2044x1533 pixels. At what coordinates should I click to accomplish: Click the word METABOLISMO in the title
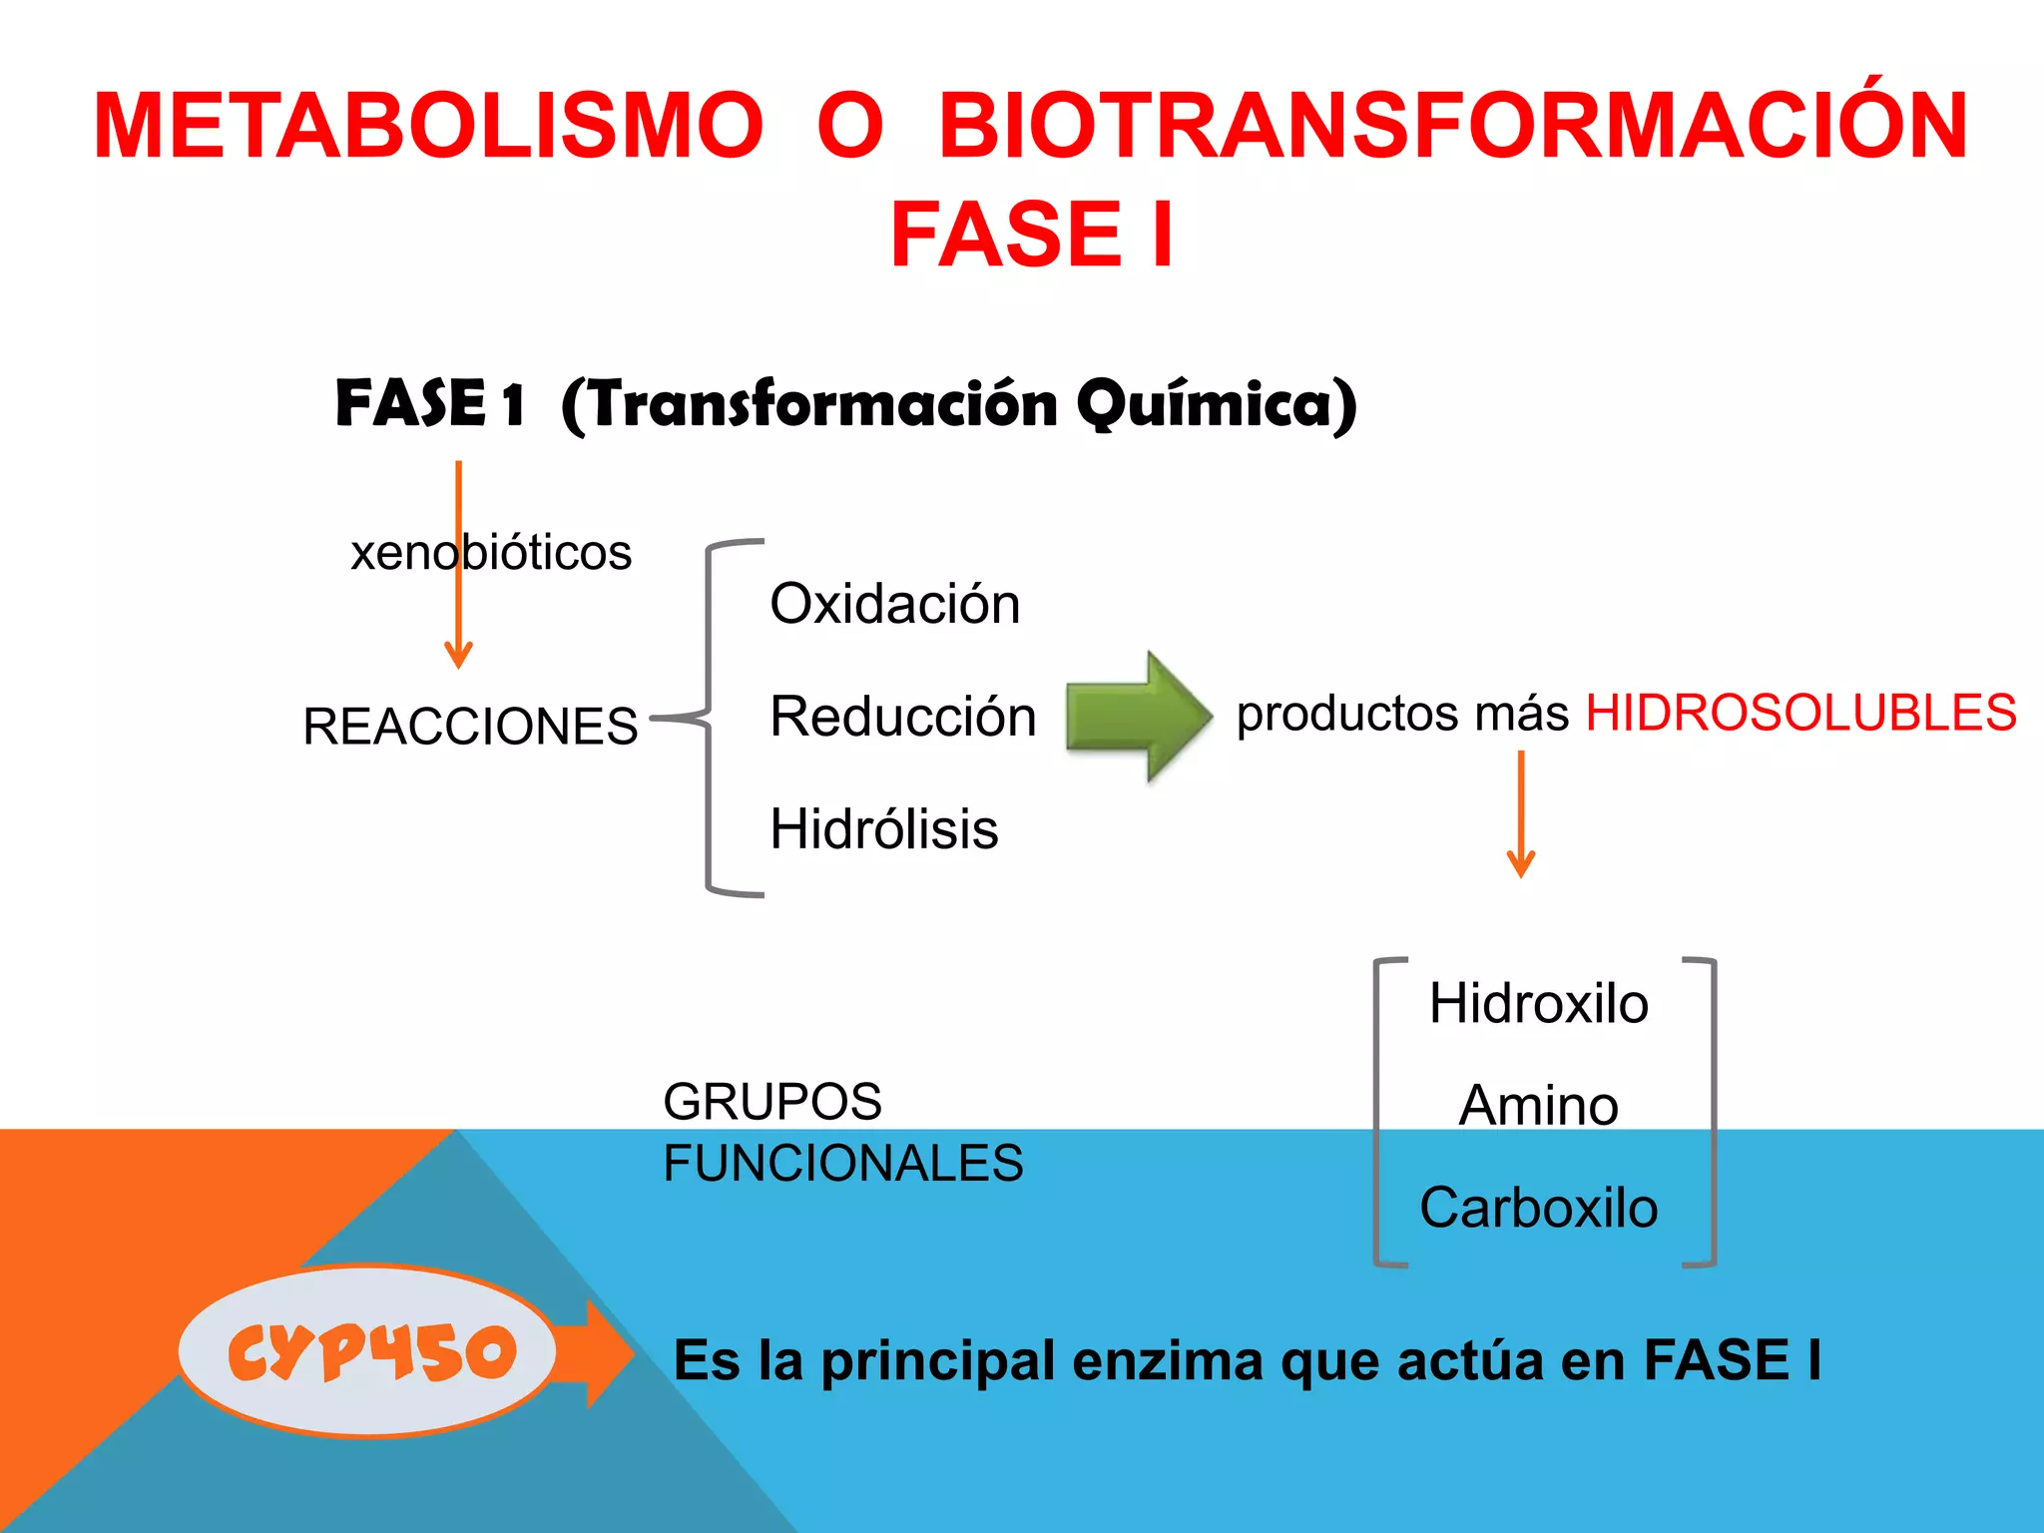pyautogui.click(x=428, y=126)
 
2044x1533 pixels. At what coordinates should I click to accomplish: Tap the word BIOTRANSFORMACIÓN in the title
pyautogui.click(x=1453, y=126)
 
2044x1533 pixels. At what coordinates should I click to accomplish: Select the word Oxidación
pyautogui.click(x=894, y=604)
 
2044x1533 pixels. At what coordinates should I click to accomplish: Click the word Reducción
pyautogui.click(x=903, y=717)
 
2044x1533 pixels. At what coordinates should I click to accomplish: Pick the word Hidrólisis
pyautogui.click(x=883, y=828)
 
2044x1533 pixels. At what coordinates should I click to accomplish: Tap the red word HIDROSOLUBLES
pyautogui.click(x=1800, y=714)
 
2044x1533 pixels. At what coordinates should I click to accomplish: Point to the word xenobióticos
pyautogui.click(x=491, y=552)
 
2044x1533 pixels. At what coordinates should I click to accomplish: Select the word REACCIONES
pyautogui.click(x=470, y=726)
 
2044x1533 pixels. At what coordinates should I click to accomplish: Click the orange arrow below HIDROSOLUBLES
pyautogui.click(x=1520, y=813)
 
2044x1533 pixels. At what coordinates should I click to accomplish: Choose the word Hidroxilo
pyautogui.click(x=1538, y=1003)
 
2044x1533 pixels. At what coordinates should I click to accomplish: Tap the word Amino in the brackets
pyautogui.click(x=1538, y=1106)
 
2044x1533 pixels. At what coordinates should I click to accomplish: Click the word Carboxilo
pyautogui.click(x=1538, y=1208)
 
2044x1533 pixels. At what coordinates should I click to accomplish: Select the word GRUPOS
pyautogui.click(x=772, y=1102)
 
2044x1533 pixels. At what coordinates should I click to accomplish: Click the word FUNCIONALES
pyautogui.click(x=843, y=1164)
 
